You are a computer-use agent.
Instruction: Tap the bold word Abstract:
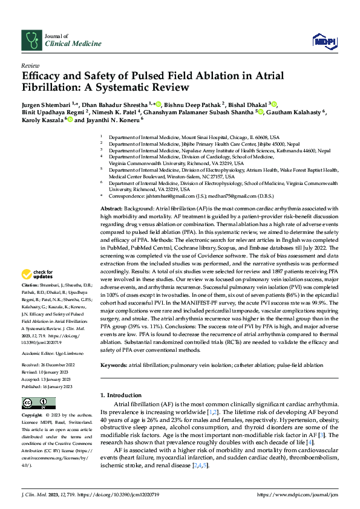113,208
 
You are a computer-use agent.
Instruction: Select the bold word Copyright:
33,416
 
